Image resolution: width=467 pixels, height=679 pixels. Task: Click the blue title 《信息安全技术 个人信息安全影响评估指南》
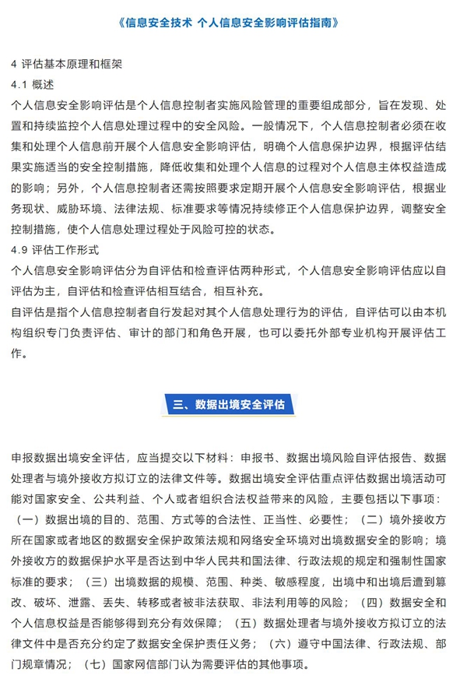(x=233, y=22)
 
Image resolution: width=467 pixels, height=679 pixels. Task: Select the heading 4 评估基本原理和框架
(x=67, y=63)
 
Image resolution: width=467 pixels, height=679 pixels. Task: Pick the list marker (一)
(x=29, y=518)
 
